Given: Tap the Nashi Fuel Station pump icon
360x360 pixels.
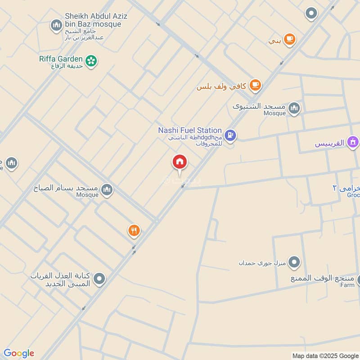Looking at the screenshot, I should (230, 135).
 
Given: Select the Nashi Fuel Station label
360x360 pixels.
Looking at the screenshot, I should (190, 130).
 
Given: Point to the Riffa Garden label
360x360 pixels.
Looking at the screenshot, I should (61, 59).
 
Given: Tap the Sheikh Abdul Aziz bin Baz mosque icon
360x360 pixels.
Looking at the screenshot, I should (56, 25).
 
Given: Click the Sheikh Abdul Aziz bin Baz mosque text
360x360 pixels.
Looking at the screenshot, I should (96, 20).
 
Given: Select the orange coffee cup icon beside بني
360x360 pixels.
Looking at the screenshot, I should (289, 39).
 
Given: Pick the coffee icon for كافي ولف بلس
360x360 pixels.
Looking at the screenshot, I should (255, 85).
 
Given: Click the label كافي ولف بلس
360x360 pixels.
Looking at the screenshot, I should (222, 86).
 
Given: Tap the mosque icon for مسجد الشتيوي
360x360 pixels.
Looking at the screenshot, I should (294, 108).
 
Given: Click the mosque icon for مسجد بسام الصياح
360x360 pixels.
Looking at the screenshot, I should (107, 190).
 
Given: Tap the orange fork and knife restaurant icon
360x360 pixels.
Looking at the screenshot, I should (134, 231).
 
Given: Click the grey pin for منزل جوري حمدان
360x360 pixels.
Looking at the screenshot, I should (294, 261).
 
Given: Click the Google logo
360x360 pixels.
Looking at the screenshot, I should (19, 353).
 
